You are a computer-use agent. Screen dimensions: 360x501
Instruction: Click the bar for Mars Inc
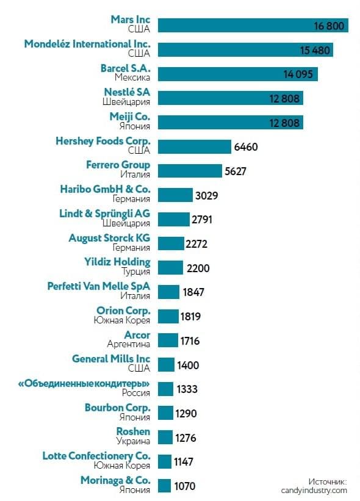253,26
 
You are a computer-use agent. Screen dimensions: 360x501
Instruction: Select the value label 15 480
315,50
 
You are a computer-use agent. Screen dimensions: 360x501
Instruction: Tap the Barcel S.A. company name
125,68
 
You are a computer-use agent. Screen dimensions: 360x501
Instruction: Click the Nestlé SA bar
230,98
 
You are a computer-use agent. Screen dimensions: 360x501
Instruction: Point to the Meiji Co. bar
230,123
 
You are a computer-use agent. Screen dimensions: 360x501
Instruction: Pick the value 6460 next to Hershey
246,147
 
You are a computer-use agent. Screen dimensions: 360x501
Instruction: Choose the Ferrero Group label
118,165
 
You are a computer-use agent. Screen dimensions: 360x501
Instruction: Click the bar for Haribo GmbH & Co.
175,195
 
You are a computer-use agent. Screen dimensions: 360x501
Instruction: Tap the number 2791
202,220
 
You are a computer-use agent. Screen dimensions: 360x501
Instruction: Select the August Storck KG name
109,238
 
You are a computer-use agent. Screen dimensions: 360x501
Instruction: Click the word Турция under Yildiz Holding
135,272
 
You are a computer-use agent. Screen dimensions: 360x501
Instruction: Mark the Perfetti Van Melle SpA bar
168,292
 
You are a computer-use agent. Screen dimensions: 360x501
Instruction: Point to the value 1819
191,316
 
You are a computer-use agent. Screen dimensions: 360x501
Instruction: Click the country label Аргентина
128,344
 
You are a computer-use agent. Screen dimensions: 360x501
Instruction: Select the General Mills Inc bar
166,365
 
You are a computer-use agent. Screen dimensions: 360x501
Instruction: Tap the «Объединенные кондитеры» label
84,383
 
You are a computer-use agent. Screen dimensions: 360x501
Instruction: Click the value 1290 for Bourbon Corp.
185,414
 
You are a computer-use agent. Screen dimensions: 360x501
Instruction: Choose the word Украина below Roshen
133,441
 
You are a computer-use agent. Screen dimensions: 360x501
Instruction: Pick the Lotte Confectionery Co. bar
165,462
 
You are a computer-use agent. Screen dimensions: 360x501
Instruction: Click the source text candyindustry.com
314,491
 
